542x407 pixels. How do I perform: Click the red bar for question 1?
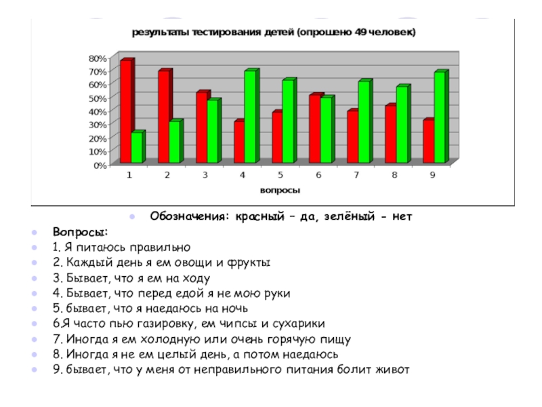[x=125, y=112]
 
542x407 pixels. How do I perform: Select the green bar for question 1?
[x=138, y=147]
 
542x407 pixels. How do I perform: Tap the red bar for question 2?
[x=163, y=117]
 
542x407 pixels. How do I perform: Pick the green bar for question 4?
[x=251, y=117]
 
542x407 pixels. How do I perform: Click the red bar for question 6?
[x=314, y=129]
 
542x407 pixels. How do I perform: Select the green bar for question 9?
[x=440, y=117]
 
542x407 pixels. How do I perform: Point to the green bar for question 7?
[x=364, y=122]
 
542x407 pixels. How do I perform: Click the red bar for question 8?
[x=390, y=134]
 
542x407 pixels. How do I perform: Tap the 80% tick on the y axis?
[x=98, y=58]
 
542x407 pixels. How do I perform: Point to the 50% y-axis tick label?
[x=98, y=98]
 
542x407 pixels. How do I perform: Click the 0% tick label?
[x=100, y=165]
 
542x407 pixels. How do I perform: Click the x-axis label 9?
[x=432, y=175]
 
